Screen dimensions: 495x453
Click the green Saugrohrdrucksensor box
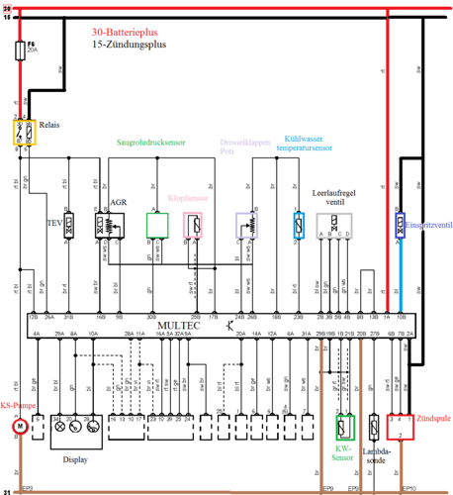coord(157,225)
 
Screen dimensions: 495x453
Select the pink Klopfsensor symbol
coord(195,225)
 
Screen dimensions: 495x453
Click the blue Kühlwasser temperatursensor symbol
coord(297,224)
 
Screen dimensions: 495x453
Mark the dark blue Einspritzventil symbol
coord(401,225)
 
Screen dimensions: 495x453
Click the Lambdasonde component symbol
coord(375,427)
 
